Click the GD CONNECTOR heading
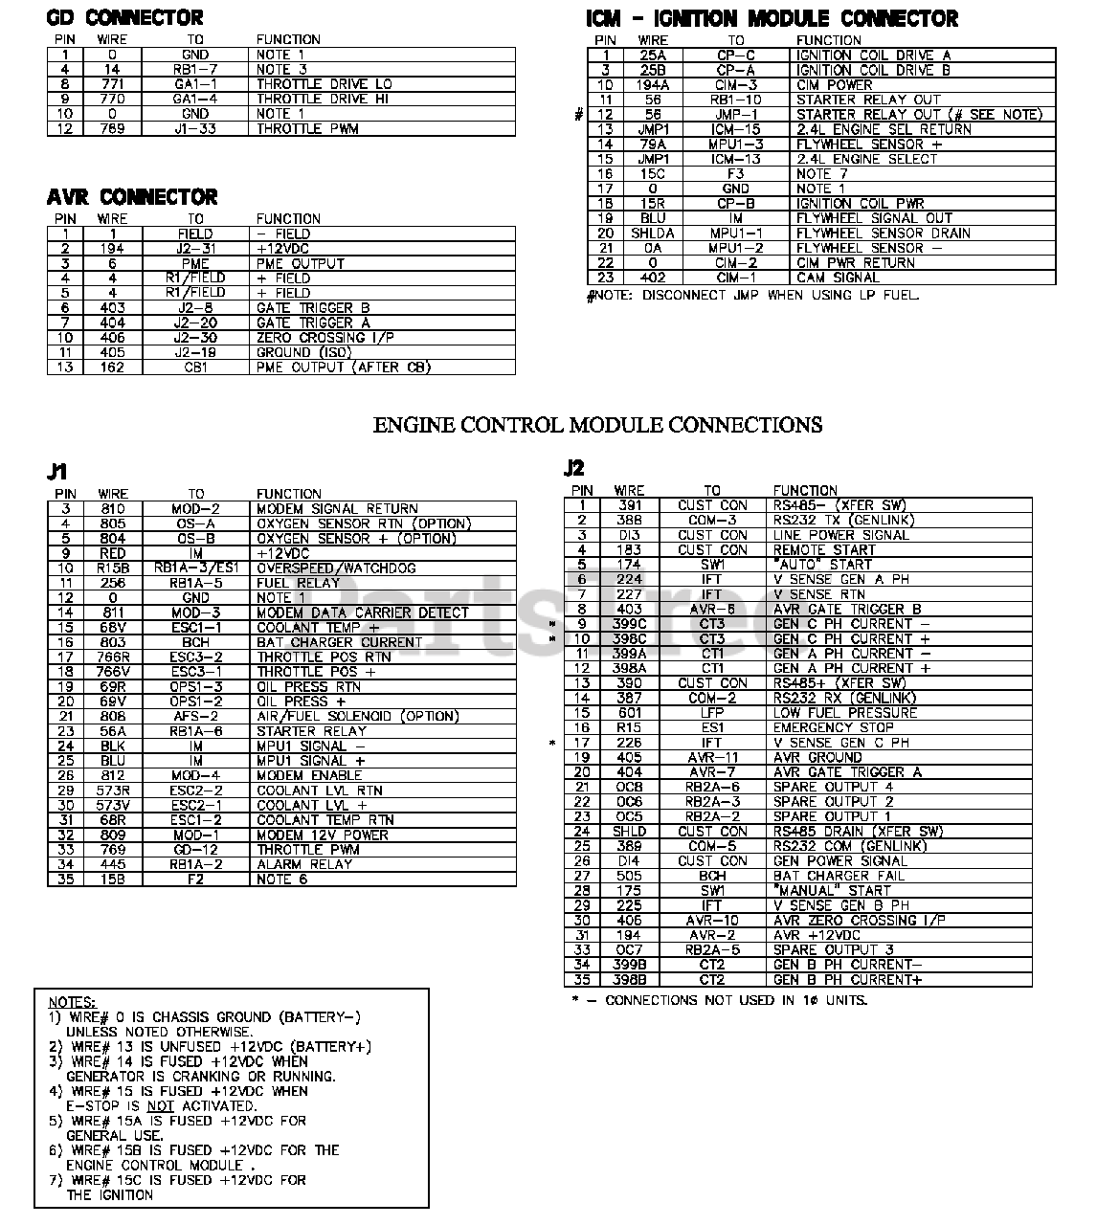pos(124,18)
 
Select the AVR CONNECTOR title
pos(132,197)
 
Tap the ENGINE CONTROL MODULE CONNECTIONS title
pos(597,425)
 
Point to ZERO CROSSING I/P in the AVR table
pos(325,337)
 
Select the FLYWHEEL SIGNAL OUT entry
pos(874,218)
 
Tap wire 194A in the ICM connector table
pos(653,85)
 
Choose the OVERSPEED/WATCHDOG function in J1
pos(336,568)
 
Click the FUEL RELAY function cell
pos(298,583)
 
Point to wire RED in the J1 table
pos(112,553)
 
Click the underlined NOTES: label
pos(71,1001)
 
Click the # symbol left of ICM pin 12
pos(578,115)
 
